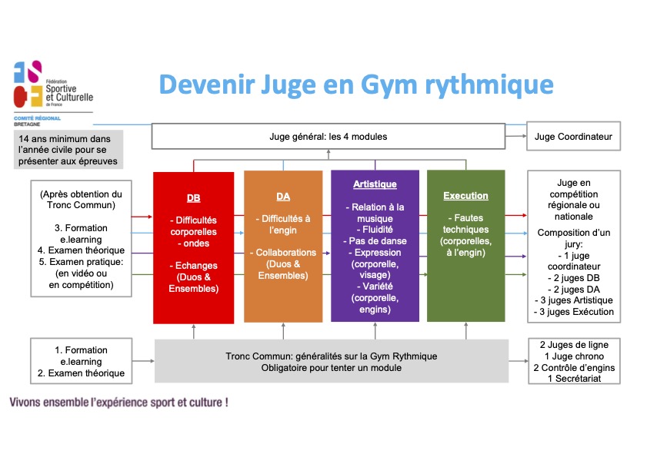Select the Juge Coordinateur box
(573, 136)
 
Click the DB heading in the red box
(193, 197)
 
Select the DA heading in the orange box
(283, 197)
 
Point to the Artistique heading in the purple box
(375, 184)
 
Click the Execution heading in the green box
(465, 196)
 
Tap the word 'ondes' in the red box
(193, 243)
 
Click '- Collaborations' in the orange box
(283, 253)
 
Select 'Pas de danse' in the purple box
(375, 240)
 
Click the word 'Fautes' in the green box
(465, 218)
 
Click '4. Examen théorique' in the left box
(78, 250)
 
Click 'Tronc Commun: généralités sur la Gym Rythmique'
(332, 356)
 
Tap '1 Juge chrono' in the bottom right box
(573, 356)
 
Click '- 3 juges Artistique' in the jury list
(573, 300)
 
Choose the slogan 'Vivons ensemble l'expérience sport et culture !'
(118, 402)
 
